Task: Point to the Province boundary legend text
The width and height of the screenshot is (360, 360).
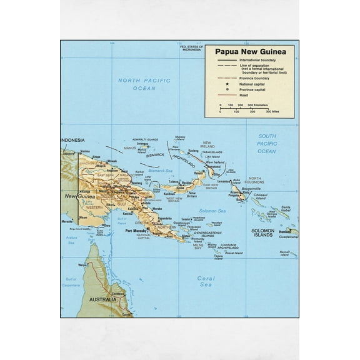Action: [254, 77]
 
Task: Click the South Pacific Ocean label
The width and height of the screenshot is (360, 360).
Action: [267, 143]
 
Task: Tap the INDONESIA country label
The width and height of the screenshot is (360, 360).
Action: [72, 141]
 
